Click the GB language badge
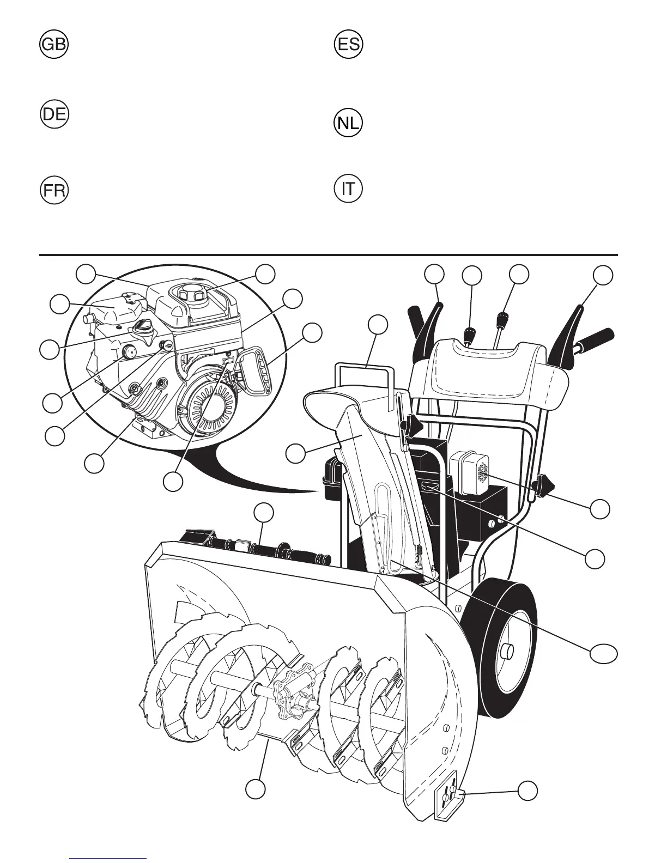tap(54, 45)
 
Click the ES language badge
tap(348, 45)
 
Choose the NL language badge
tap(348, 124)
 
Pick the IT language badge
tap(348, 190)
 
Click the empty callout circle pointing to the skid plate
tap(527, 791)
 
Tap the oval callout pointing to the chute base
tap(605, 653)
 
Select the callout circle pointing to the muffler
tap(600, 508)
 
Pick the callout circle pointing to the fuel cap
tap(265, 274)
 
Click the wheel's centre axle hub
tap(507, 650)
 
